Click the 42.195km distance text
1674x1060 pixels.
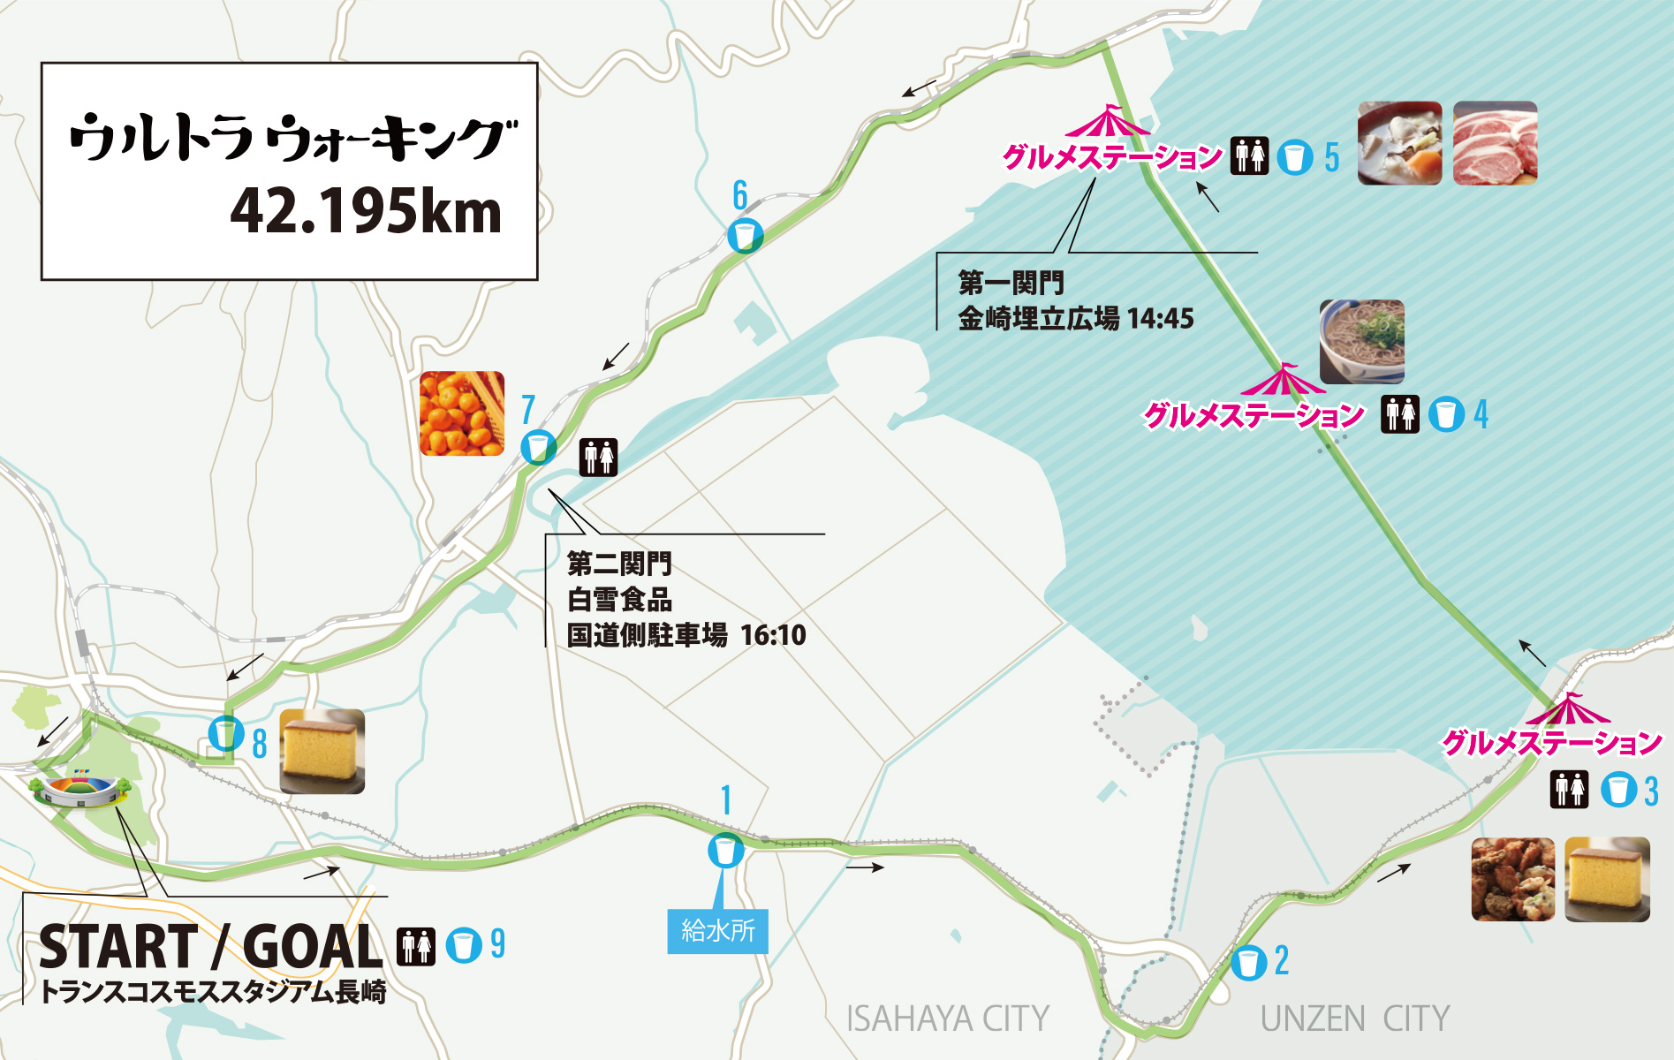366,212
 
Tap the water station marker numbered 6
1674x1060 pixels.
745,236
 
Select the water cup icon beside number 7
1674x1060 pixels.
538,448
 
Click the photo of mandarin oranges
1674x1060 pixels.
462,413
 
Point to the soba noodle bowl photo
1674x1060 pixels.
1361,341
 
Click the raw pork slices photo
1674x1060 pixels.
1495,143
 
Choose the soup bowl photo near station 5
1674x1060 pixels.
1399,143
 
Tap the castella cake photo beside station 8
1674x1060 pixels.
322,751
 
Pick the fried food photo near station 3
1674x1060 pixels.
1512,879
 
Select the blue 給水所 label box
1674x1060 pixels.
717,931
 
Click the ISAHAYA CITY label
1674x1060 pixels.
947,1019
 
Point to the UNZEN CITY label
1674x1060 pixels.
1354,1019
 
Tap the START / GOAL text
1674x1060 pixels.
210,947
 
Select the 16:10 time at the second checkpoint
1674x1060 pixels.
773,635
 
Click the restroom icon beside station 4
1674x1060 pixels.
1400,414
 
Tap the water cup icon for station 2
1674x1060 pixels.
1248,962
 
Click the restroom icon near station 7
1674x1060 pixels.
598,457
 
